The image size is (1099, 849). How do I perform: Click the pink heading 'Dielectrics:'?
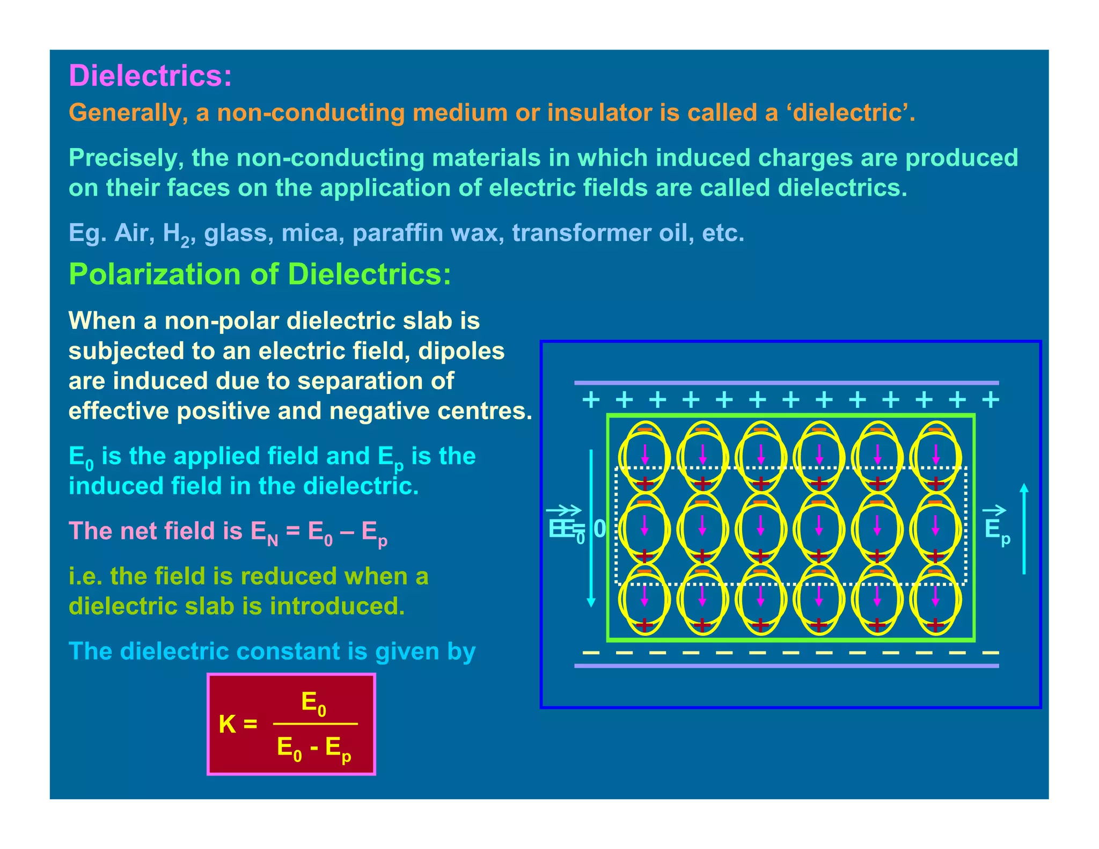tap(150, 76)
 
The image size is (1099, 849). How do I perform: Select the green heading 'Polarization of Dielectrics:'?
tap(260, 274)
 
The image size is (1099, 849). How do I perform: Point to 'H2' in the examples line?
tap(176, 234)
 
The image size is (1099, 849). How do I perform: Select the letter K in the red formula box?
tap(227, 724)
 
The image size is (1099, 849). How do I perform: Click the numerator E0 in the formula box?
tap(314, 703)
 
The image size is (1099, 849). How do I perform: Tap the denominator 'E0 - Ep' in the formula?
tap(314, 748)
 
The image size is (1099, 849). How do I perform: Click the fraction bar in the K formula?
tap(315, 724)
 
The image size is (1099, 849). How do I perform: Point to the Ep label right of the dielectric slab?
tap(997, 530)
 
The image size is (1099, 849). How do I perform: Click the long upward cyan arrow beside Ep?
tap(1024, 529)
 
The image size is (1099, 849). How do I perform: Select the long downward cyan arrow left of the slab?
tap(591, 529)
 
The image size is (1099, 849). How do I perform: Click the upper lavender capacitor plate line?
tap(786, 383)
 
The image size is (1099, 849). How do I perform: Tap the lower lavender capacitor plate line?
tap(786, 666)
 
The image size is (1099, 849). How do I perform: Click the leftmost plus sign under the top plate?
tap(591, 400)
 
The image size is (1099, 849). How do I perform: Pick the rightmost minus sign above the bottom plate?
tap(990, 653)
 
